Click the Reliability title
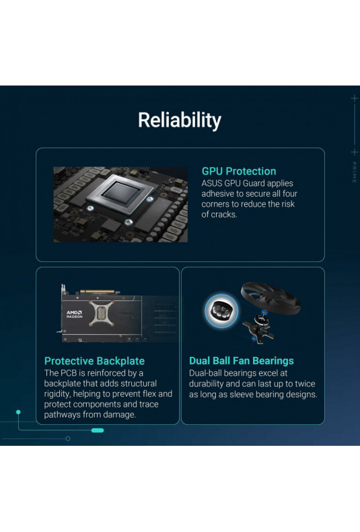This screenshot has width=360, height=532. [180, 121]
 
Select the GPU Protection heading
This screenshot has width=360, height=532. [239, 171]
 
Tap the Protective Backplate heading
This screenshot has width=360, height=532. [94, 361]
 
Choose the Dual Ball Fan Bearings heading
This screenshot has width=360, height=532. [242, 361]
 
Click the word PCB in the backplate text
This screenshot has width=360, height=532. [69, 373]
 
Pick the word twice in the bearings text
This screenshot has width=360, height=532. [306, 384]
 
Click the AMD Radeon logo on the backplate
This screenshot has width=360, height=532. [74, 314]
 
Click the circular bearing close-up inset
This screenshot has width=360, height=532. [221, 311]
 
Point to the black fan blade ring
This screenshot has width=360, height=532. [271, 294]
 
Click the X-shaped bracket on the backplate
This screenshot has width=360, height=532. [101, 313]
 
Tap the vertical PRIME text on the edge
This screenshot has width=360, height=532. [354, 172]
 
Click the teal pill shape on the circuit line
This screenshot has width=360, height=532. [98, 430]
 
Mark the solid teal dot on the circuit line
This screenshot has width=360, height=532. [18, 412]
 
